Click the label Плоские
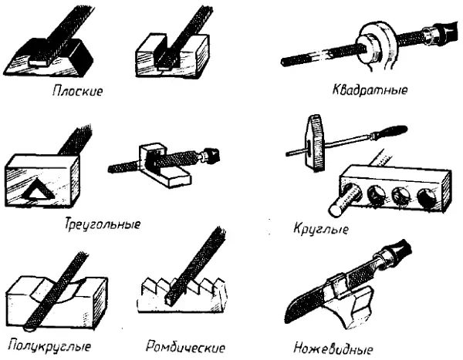(78, 91)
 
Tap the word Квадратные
(370, 89)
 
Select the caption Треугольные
(103, 224)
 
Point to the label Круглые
(321, 229)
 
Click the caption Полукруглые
(49, 346)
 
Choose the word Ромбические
(185, 347)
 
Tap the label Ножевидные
(333, 348)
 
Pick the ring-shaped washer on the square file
(374, 45)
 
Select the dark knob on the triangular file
(211, 155)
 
